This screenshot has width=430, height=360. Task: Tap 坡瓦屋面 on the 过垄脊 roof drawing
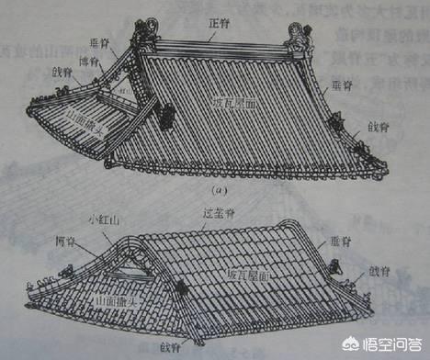click(x=249, y=275)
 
